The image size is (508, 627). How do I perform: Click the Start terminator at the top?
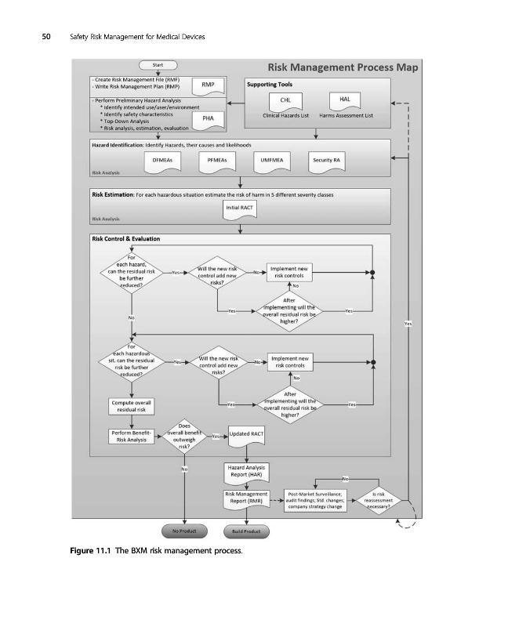click(158, 65)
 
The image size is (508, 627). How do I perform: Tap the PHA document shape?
click(208, 118)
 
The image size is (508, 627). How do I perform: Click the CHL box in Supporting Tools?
click(285, 101)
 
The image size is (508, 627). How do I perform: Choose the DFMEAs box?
click(162, 159)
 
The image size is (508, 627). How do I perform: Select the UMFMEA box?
click(271, 159)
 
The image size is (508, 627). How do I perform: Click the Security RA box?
click(325, 159)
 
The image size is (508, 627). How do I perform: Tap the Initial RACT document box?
click(245, 208)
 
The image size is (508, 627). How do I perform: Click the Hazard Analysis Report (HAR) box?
click(246, 472)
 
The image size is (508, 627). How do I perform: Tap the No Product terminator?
click(183, 531)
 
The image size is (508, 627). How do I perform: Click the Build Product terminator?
click(246, 531)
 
